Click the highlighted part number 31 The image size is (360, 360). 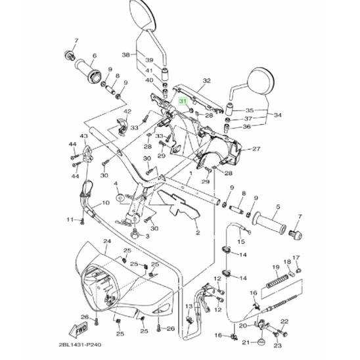pyautogui.click(x=183, y=101)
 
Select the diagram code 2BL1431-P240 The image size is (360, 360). pyautogui.click(x=80, y=345)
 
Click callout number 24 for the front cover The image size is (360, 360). pyautogui.click(x=107, y=241)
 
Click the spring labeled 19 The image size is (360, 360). pyautogui.click(x=277, y=281)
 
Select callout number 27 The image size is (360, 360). pyautogui.click(x=256, y=148)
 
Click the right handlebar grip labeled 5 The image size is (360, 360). pyautogui.click(x=269, y=222)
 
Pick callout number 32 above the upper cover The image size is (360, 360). pyautogui.click(x=207, y=81)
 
